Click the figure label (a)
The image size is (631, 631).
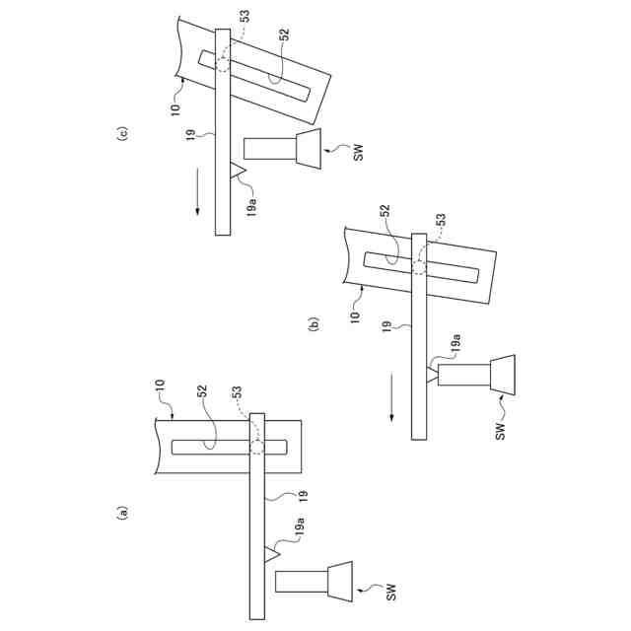(121, 512)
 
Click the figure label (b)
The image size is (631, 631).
(314, 322)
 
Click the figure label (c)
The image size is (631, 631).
(121, 135)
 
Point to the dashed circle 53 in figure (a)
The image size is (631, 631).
(257, 447)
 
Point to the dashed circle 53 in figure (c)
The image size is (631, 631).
(222, 62)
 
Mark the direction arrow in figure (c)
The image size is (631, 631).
(195, 193)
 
